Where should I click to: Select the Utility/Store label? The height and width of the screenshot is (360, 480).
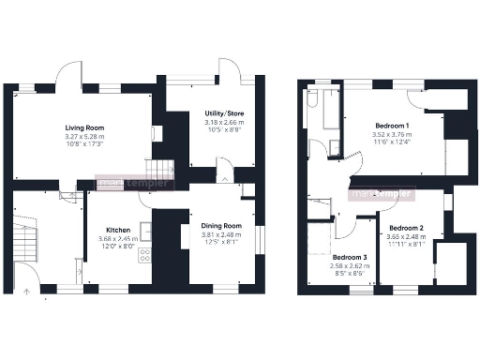click(224, 113)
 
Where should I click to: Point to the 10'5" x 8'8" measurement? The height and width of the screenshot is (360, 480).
click(224, 130)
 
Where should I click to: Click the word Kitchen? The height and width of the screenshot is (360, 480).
click(117, 230)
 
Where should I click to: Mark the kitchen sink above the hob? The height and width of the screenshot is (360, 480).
click(145, 230)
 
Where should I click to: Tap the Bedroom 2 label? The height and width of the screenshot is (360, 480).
click(407, 228)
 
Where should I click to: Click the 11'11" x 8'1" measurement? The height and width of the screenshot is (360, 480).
click(407, 245)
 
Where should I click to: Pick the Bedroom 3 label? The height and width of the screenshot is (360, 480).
click(350, 257)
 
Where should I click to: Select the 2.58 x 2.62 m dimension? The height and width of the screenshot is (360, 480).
click(350, 266)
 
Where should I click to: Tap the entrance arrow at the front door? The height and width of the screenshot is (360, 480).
click(26, 291)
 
